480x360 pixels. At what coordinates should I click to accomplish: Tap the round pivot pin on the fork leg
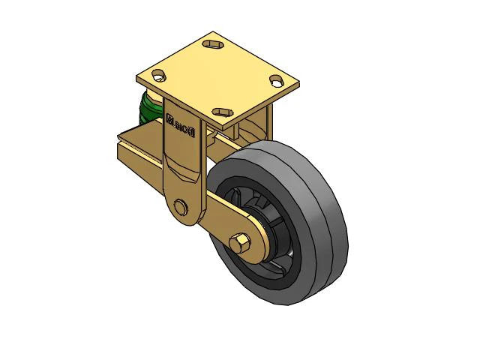180,208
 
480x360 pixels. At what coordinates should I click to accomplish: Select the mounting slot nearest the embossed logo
222,112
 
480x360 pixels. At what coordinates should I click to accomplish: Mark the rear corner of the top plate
213,32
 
